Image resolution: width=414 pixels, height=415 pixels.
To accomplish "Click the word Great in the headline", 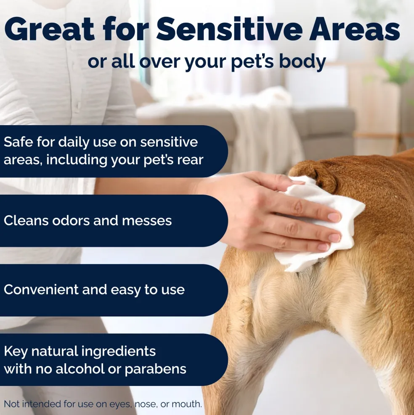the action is pyautogui.click(x=50, y=29).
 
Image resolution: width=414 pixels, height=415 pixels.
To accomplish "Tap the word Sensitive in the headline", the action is pyautogui.click(x=229, y=29).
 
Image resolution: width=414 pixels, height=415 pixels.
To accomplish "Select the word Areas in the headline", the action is pyautogui.click(x=355, y=29).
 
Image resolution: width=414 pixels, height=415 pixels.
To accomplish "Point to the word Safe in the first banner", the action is pyautogui.click(x=18, y=142).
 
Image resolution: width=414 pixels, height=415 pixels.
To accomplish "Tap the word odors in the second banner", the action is pyautogui.click(x=71, y=220).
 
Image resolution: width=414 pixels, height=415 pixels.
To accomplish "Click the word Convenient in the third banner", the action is pyautogui.click(x=41, y=289).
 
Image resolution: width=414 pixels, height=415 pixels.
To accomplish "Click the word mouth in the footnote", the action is pyautogui.click(x=187, y=404).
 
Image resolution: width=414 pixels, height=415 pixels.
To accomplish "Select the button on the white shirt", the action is pyautogui.click(x=78, y=106).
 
